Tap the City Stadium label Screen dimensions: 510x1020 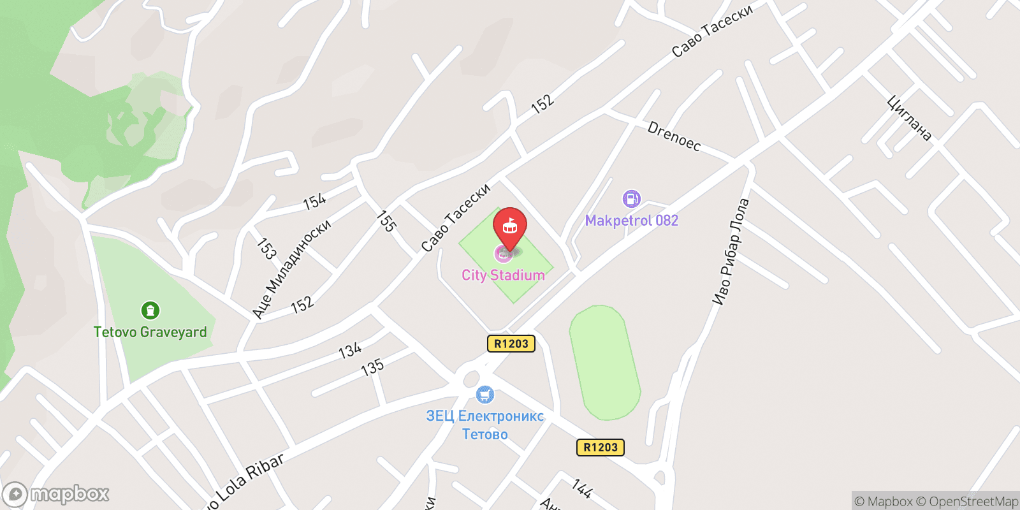click(x=503, y=275)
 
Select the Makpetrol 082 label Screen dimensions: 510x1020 click(x=631, y=221)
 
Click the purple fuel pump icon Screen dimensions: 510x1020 click(x=631, y=199)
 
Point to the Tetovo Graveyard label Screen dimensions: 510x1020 click(x=150, y=332)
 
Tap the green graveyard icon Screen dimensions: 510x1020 click(x=150, y=310)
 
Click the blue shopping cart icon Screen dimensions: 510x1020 click(x=485, y=395)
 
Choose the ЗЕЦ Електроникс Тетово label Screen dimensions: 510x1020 click(x=484, y=425)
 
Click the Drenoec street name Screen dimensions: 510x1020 click(x=674, y=136)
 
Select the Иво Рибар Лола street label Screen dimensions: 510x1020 click(x=731, y=252)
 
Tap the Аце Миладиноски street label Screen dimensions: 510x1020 click(x=291, y=268)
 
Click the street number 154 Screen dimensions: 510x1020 click(x=314, y=202)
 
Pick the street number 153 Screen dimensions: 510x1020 click(x=266, y=249)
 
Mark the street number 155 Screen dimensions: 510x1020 click(x=386, y=221)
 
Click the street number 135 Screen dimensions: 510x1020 click(x=372, y=367)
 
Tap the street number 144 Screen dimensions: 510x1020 click(x=581, y=488)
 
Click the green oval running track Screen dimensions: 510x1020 click(x=604, y=362)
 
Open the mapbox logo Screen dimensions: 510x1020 click(x=56, y=494)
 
